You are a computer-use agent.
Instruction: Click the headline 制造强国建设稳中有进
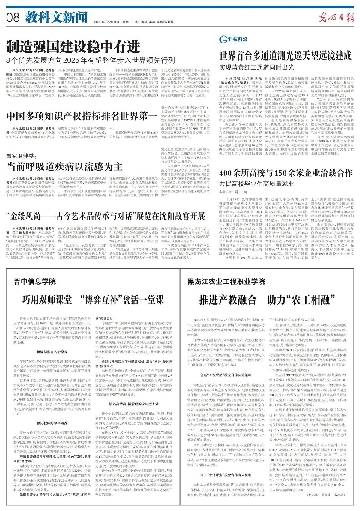coord(73,47)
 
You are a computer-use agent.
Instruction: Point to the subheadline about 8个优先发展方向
coord(91,60)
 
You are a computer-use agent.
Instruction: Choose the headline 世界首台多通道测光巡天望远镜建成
coord(285,55)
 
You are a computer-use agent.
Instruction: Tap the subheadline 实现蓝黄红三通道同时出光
coord(257,67)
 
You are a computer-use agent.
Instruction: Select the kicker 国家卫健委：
coord(21,156)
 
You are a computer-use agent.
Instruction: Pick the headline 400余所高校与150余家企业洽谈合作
coord(286,173)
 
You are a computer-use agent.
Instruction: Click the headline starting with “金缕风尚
coord(106,216)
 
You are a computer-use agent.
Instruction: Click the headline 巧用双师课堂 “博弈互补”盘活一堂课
coord(93,299)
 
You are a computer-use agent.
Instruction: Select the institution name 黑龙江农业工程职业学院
coord(226,282)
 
